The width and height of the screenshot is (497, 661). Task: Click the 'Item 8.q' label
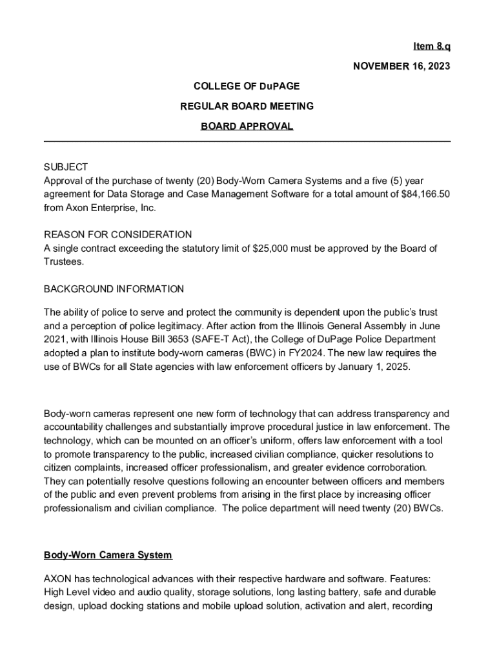tap(432, 46)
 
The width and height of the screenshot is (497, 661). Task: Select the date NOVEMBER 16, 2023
tap(401, 66)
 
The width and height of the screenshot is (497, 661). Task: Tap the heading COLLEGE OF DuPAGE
tap(247, 86)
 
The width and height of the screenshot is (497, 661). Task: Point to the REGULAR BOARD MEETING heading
tap(247, 106)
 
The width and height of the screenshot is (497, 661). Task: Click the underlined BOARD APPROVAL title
tap(247, 126)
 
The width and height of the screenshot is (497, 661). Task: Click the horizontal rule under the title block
tap(247, 141)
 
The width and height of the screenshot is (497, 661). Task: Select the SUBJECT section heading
tap(66, 167)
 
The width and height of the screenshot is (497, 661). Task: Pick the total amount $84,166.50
tap(420, 194)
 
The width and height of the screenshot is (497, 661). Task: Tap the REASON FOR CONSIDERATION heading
tap(117, 234)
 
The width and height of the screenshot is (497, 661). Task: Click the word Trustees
tap(63, 261)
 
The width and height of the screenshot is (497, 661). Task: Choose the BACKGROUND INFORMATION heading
tap(114, 289)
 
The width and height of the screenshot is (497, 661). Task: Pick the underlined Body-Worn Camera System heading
tap(108, 555)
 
